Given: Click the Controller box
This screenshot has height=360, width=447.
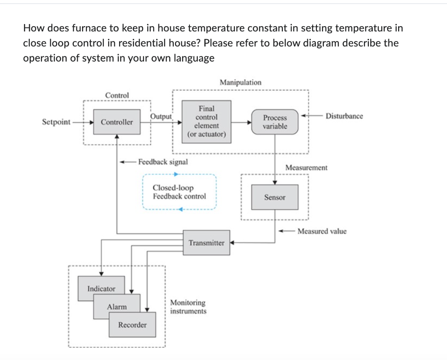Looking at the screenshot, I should (117, 122).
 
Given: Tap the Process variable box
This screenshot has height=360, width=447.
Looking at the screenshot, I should (275, 122).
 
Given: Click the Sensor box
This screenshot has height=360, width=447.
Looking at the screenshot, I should (275, 197).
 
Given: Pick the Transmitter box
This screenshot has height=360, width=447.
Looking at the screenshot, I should (206, 242).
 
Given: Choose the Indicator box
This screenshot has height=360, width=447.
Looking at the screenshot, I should (101, 288).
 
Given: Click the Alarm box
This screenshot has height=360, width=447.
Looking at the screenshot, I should (117, 307).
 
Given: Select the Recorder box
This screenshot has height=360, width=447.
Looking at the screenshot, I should (132, 325).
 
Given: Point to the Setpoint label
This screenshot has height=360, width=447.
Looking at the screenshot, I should (56, 122).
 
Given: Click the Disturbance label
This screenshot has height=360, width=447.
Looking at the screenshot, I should (344, 116).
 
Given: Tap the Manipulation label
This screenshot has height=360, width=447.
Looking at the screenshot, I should (241, 82).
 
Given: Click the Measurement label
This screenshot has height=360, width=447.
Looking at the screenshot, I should (306, 167).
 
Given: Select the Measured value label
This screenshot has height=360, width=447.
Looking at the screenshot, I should (322, 231).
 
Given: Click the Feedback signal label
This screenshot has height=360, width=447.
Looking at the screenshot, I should (163, 162).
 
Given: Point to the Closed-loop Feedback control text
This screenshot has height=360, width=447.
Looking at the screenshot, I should (179, 192).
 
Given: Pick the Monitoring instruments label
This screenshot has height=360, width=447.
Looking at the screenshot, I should (188, 307).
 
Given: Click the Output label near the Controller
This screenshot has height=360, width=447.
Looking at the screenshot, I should (162, 116).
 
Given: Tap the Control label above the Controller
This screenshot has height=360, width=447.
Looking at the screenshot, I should (117, 95).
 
